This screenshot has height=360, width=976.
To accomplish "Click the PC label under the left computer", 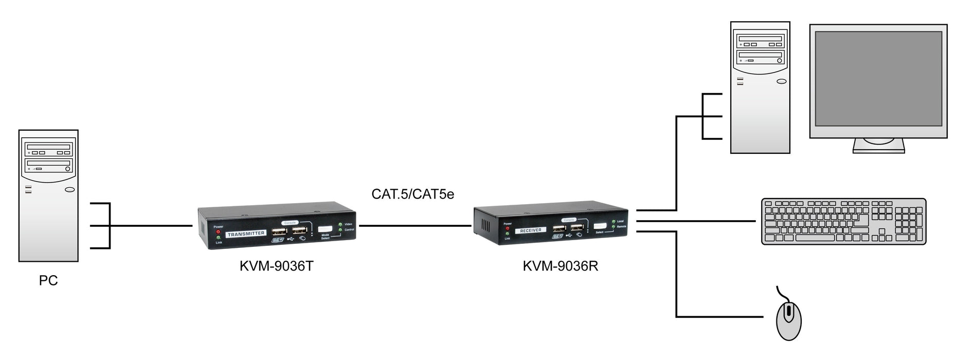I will point(48,281).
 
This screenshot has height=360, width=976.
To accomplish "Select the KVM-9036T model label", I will point(276,266).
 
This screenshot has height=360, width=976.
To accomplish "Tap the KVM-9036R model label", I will point(560,266).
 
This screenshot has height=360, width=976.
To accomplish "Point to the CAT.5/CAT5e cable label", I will point(412,194).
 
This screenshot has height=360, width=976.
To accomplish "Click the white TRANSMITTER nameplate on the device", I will point(246,233).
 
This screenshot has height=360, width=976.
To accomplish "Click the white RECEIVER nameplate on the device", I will point(531,230).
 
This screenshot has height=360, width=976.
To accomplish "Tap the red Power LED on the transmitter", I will point(218,232).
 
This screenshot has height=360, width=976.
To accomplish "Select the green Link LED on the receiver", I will point(508,233).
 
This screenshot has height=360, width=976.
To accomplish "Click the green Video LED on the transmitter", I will point(340,225).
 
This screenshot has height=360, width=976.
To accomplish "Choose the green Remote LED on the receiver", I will point(613,227).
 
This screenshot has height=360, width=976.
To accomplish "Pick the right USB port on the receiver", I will point(576,228).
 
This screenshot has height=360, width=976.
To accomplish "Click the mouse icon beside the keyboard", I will point(787,320).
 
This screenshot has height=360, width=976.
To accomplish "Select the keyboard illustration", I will point(843,221).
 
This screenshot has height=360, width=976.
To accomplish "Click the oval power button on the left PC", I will point(70,191).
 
